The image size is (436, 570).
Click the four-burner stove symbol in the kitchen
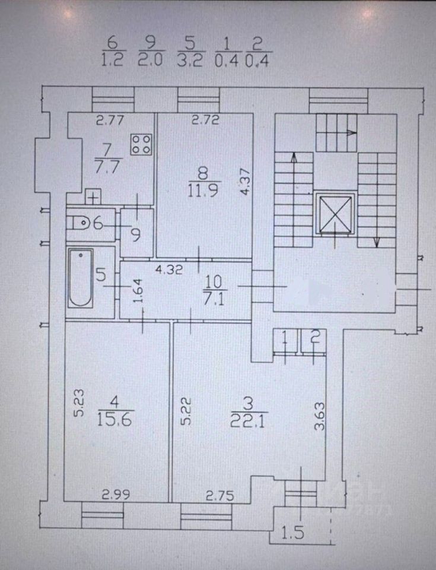tap(141, 144)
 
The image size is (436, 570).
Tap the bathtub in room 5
tap(80, 278)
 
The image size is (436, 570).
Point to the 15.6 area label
tap(114, 420)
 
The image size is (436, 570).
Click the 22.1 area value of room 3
tap(249, 420)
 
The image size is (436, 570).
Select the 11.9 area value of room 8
tap(203, 190)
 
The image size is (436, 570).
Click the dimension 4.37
tap(245, 182)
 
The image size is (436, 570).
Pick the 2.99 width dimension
tap(116, 495)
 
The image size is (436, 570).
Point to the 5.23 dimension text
tap(79, 403)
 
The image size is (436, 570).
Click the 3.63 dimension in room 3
tap(319, 416)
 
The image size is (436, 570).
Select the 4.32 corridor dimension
tap(169, 270)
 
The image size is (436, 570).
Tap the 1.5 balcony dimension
tap(293, 533)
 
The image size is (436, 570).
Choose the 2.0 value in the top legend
tap(151, 59)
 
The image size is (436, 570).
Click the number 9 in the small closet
tap(136, 235)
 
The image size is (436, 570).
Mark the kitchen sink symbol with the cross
tap(93, 197)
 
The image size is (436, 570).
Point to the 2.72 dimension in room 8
tap(206, 119)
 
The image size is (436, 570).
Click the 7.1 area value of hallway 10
tap(214, 299)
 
